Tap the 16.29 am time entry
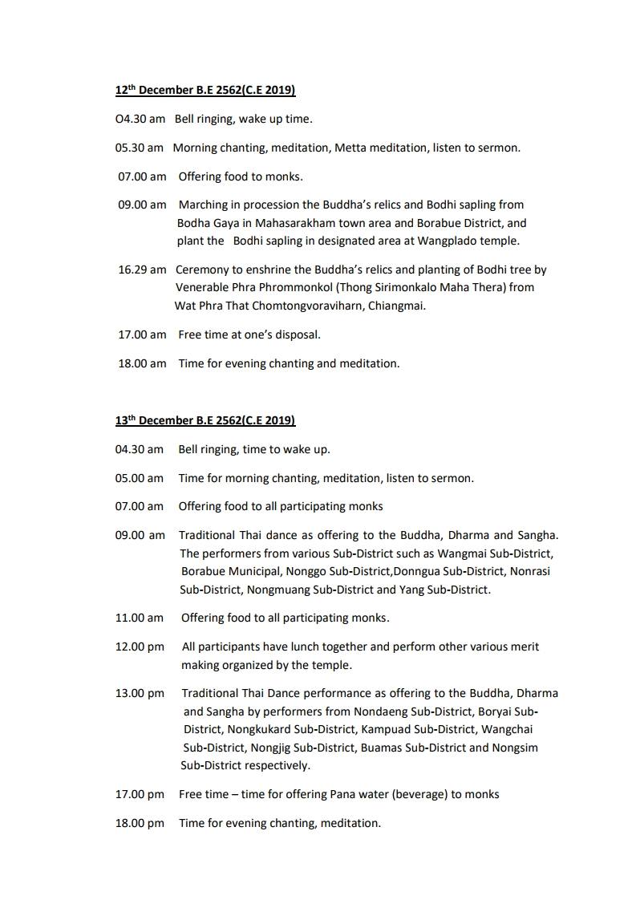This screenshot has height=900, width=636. (x=142, y=270)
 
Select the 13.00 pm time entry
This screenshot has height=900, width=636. (x=140, y=693)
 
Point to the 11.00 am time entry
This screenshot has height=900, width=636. (x=139, y=618)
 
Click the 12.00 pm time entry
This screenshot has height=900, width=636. (x=140, y=647)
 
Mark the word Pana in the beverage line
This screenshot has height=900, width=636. (x=342, y=794)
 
